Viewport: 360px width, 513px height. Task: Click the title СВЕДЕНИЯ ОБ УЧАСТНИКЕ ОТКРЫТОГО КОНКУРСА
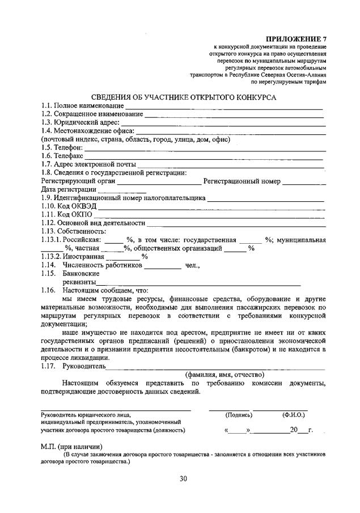[x=184, y=97]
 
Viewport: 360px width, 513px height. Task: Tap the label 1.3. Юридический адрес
[x=80, y=122]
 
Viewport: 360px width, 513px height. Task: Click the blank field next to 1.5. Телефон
[x=205, y=149]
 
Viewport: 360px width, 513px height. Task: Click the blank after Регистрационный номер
[x=304, y=183]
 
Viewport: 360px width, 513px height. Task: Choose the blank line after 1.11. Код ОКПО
[x=210, y=215]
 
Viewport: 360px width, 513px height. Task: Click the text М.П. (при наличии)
[x=71, y=446]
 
